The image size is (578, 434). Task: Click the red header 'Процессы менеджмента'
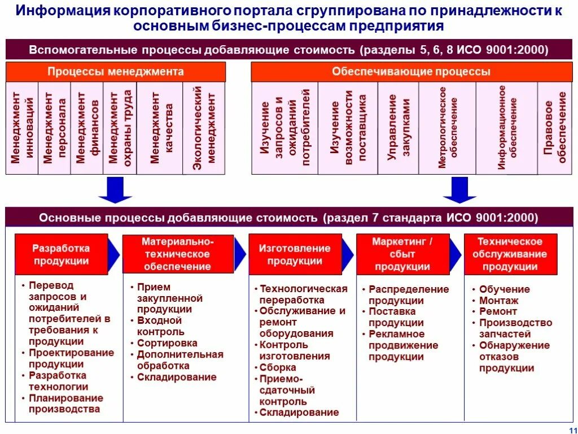pos(116,72)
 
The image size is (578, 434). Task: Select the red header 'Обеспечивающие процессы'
pos(411,72)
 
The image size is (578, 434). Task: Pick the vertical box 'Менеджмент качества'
pos(160,128)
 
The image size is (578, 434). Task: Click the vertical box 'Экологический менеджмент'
pos(204,128)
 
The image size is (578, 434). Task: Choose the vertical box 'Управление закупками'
pos(399,128)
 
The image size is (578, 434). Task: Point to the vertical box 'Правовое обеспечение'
pos(554,128)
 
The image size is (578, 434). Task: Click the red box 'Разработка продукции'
pos(61,255)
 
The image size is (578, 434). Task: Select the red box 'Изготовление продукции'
pos(295,255)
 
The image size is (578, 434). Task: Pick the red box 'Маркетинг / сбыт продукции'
pos(402,255)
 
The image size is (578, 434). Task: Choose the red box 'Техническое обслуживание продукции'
pos(510,255)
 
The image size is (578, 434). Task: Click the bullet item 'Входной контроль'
pos(160,326)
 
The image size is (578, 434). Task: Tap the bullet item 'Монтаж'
pos(498,301)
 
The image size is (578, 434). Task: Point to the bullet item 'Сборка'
pos(278,367)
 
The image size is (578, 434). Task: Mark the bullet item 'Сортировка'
pos(167,343)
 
